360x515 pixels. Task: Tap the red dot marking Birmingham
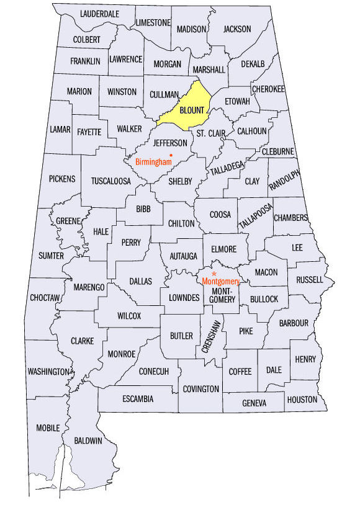pyautogui.click(x=171, y=154)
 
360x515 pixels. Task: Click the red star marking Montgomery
pyautogui.click(x=214, y=273)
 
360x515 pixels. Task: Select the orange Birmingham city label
pyautogui.click(x=153, y=162)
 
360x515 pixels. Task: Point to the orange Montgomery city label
pyautogui.click(x=220, y=281)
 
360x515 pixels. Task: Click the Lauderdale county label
pyautogui.click(x=99, y=13)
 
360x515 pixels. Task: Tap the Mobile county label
pyautogui.click(x=48, y=428)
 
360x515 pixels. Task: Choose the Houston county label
pyautogui.click(x=302, y=400)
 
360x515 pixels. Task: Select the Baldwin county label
pyautogui.click(x=88, y=441)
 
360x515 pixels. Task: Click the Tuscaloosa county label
pyautogui.click(x=112, y=181)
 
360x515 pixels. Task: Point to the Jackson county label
pyautogui.click(x=237, y=29)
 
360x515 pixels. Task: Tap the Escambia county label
pyautogui.click(x=138, y=398)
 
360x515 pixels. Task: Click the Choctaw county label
pyautogui.click(x=45, y=298)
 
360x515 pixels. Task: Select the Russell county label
pyautogui.click(x=310, y=279)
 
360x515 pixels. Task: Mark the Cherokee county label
pyautogui.click(x=268, y=89)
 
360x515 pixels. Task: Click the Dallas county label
pyautogui.click(x=140, y=281)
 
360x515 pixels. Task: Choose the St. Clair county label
pyautogui.click(x=210, y=133)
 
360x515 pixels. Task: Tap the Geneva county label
pyautogui.click(x=254, y=403)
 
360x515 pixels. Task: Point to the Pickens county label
pyautogui.click(x=62, y=179)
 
